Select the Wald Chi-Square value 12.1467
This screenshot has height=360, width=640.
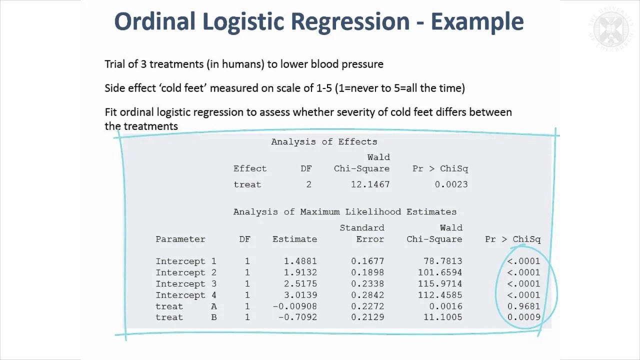coord(370,184)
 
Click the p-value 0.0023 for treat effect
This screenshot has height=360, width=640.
coord(451,184)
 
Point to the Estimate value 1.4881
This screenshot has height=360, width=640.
coord(300,261)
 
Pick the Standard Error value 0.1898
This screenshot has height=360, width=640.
coord(367,272)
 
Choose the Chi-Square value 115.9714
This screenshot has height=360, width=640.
coord(440,283)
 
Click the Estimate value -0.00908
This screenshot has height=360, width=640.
coord(295,306)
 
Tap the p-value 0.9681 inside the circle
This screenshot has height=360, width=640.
coord(523,306)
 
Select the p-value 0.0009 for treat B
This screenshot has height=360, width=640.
coord(523,317)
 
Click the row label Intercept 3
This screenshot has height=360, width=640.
coord(186,283)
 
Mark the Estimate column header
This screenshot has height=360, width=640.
coord(294,239)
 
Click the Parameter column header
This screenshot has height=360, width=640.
coord(180,239)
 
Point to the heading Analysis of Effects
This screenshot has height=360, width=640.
coord(324,141)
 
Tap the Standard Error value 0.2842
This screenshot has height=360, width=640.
coord(367,295)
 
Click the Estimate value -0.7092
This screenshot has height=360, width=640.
coord(297,317)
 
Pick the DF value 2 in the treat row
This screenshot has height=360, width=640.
coord(308,184)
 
